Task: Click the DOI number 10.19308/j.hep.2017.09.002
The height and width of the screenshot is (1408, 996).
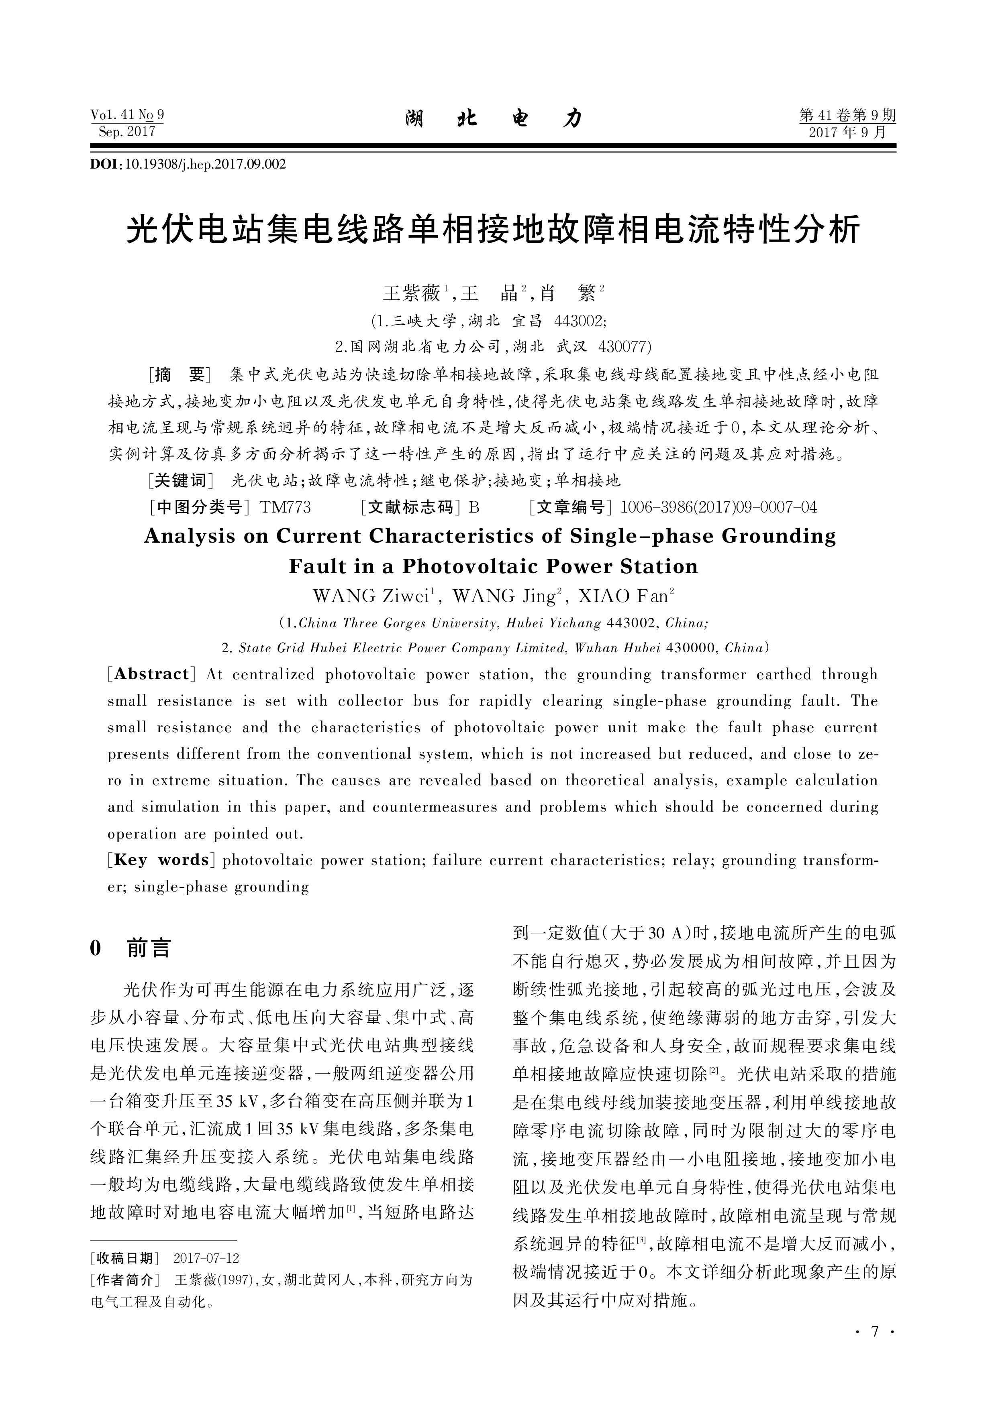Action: pos(206,164)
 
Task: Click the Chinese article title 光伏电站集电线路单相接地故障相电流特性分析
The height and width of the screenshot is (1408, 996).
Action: pos(494,230)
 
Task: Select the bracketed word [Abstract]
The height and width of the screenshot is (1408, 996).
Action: pos(151,674)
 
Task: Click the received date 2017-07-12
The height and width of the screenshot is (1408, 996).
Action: pos(206,1258)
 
